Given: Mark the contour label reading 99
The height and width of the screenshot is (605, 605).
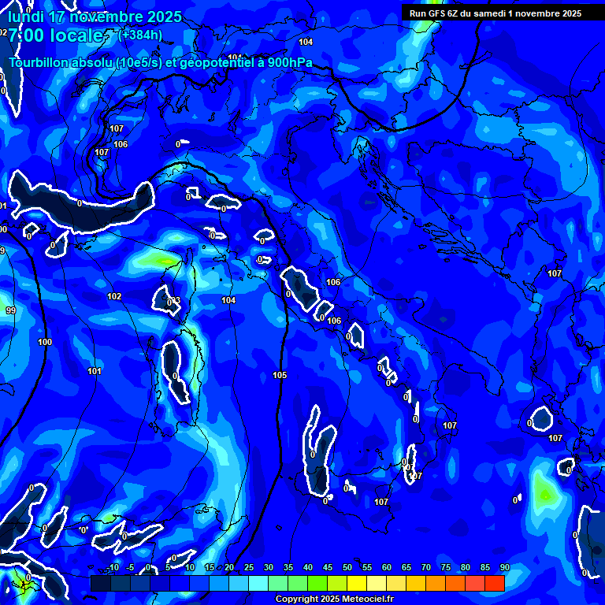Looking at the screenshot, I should point(10,310).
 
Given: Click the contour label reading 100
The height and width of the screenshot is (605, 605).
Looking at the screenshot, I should point(45,342).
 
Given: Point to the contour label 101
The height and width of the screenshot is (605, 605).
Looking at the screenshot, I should point(95,371).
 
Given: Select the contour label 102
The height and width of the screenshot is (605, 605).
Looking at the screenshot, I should point(114,296).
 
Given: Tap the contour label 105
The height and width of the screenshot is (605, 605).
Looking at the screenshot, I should point(280,375).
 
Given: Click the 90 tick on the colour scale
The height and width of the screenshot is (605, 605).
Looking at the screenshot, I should point(504,567).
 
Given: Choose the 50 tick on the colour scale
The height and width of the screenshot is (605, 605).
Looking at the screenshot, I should point(347,567).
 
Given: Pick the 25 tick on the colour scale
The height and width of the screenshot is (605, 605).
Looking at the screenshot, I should point(249,567).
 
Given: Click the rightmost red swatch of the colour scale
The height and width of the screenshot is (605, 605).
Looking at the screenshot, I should point(494,583).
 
